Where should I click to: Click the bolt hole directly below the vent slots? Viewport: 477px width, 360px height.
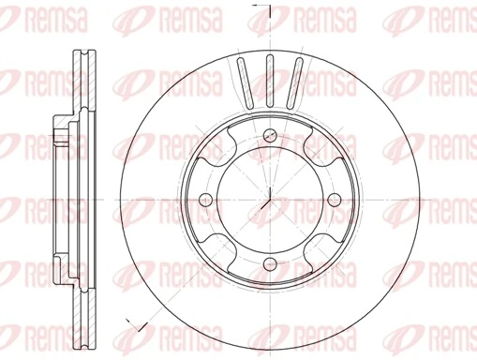tap(268, 132)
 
